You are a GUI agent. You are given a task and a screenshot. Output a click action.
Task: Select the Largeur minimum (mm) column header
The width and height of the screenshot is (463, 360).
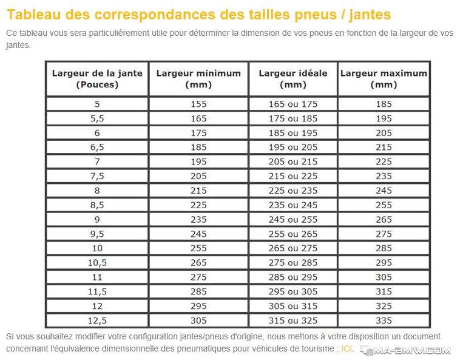coord(198,79)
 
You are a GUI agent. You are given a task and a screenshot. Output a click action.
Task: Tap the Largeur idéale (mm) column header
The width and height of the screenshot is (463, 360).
coord(293,79)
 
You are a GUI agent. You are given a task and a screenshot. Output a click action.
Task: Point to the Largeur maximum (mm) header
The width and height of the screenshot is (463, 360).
coord(384,79)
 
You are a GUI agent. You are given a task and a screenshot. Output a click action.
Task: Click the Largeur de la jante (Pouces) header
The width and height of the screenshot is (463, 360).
coord(97,79)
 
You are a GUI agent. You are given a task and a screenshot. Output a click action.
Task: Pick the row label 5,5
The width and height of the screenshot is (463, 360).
coord(97,119)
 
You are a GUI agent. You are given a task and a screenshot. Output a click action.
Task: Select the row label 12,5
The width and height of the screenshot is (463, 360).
coord(97,321)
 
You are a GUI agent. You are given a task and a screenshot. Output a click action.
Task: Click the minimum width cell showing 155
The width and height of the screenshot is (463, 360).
coord(198,104)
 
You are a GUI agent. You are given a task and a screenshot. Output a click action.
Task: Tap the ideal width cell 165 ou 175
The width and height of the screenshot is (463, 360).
coord(293,104)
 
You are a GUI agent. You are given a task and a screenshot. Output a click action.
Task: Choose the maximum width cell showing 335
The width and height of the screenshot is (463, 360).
coord(384,321)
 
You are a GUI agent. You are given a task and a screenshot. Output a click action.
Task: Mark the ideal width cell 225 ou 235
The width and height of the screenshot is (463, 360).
coord(293,191)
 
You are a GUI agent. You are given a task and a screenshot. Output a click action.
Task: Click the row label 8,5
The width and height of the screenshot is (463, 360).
coord(97,205)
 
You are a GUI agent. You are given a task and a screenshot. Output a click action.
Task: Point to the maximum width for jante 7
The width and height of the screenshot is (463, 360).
coord(384,161)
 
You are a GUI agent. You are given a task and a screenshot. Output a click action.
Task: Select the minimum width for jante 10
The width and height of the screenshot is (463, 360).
coord(198,248)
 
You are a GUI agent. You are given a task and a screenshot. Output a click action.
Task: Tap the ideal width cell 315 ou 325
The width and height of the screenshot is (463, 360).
coord(293,321)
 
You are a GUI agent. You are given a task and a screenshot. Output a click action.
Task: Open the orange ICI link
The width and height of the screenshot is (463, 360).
coord(346,349)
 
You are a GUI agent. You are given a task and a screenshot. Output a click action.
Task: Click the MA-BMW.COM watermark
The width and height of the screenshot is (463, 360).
coord(405,350)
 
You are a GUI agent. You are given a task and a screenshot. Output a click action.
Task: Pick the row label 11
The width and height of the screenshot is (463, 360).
coord(97,277)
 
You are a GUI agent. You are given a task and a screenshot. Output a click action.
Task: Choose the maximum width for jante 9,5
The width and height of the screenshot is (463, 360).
coord(384,234)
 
